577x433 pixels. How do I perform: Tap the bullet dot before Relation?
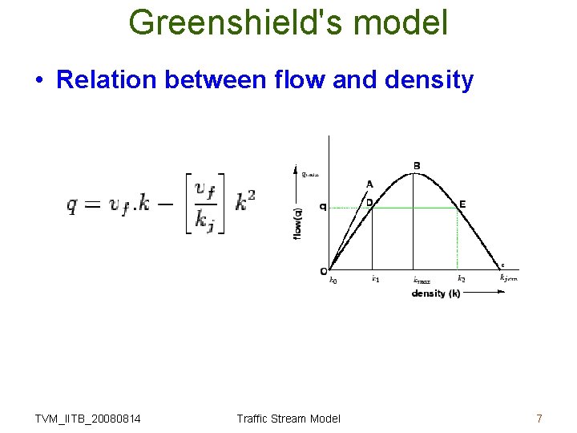click(x=38, y=80)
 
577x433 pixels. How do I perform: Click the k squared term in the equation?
click(x=245, y=202)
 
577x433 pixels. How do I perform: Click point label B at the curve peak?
click(x=417, y=166)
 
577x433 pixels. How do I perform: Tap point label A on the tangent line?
click(x=369, y=184)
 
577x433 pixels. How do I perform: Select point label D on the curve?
click(x=369, y=203)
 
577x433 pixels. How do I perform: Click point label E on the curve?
click(x=462, y=204)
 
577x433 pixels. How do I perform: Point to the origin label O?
click(x=323, y=270)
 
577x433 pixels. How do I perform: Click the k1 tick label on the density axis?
click(x=374, y=279)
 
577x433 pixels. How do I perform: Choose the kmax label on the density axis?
click(x=422, y=280)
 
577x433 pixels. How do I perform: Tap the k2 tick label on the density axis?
click(x=461, y=279)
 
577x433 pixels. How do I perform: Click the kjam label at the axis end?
click(x=509, y=278)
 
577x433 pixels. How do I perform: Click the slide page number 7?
click(x=539, y=418)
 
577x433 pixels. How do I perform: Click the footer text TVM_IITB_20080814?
click(x=88, y=418)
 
